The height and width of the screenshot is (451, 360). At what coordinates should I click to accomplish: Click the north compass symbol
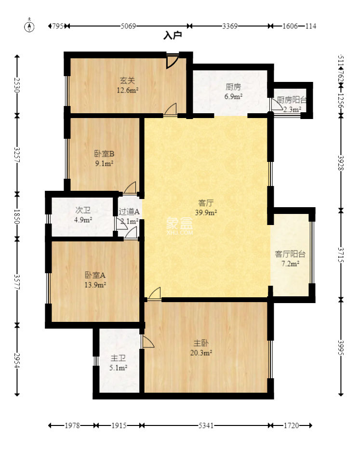click(x=30, y=27)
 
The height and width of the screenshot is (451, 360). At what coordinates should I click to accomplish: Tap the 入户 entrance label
click(x=172, y=35)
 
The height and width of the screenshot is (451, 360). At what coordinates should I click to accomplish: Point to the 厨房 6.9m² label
click(x=233, y=92)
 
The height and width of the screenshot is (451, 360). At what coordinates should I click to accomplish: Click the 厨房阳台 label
click(x=292, y=101)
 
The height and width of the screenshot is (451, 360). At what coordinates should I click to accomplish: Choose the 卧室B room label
click(x=104, y=159)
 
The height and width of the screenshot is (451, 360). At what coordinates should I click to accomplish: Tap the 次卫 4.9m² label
click(x=83, y=215)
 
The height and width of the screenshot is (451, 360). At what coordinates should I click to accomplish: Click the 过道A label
click(x=129, y=212)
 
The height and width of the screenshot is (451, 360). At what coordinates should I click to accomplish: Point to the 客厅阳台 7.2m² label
click(x=290, y=258)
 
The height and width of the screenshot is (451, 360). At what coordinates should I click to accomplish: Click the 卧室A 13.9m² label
click(x=95, y=280)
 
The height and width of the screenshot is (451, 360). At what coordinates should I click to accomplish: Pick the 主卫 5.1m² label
click(x=118, y=363)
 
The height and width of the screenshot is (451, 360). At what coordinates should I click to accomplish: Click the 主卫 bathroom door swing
click(x=147, y=342)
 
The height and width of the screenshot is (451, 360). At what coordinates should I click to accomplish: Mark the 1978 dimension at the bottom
click(x=72, y=425)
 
